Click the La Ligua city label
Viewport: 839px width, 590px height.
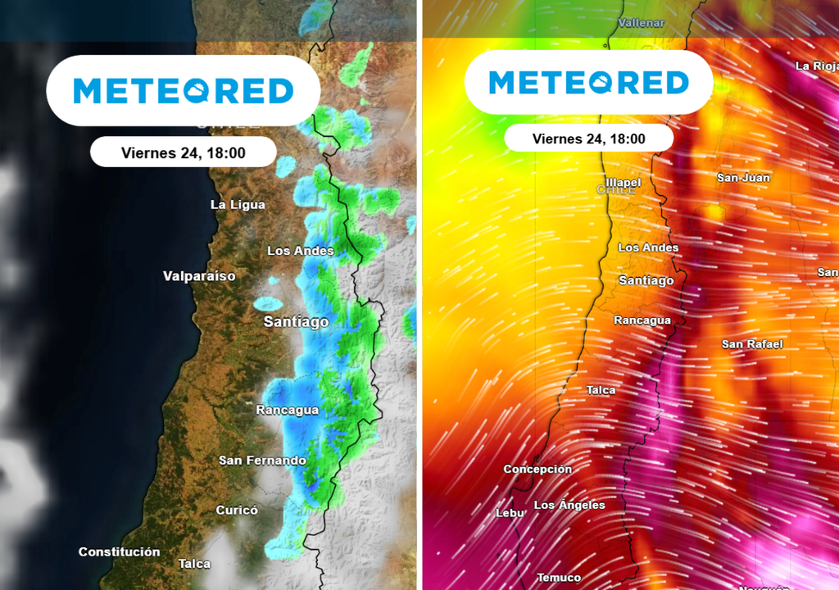pos(238,205)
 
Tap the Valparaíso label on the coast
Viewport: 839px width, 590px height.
pos(199,276)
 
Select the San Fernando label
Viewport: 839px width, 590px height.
pos(262,461)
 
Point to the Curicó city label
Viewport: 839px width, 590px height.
pos(237,511)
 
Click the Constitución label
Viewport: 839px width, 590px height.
pos(119,552)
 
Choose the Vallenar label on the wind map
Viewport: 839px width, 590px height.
pos(642,23)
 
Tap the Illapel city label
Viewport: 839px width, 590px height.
pos(623,182)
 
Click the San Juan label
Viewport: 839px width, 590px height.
pos(743,178)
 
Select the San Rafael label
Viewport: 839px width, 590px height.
pos(752,344)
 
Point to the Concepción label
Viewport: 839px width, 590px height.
pos(537,470)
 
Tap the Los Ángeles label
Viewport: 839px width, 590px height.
pos(569,506)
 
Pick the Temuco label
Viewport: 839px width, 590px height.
pos(559,578)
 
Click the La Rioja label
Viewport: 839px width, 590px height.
pos(816,66)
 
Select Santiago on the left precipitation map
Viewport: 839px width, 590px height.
pos(296,322)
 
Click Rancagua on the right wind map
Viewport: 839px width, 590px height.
pos(642,320)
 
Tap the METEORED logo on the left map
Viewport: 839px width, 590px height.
pos(183,90)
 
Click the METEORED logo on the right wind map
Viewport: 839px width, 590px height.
pos(588,83)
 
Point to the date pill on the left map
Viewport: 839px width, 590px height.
pos(183,152)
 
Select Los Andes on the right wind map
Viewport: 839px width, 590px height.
pos(648,247)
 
